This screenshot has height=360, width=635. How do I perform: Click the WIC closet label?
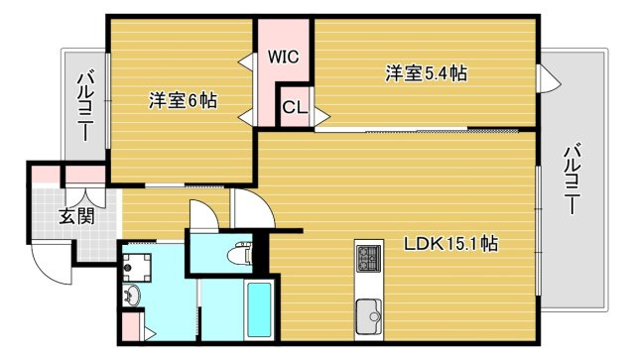click(x=284, y=57)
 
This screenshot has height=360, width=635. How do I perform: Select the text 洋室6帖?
click(x=184, y=100)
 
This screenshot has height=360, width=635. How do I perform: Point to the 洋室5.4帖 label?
click(x=427, y=72)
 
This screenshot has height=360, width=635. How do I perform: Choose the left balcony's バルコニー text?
click(x=84, y=105)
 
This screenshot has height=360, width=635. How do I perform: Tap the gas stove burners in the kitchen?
click(x=367, y=260)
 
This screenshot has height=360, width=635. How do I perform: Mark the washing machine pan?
click(x=136, y=265)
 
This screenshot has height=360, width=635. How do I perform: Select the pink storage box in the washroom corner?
click(x=131, y=326)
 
